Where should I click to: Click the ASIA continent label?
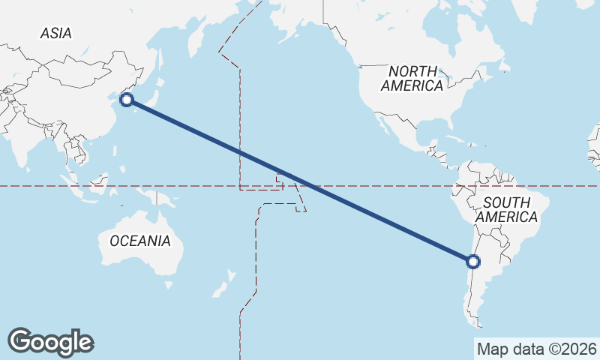pyautogui.click(x=56, y=33)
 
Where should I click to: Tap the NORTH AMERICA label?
pyautogui.click(x=412, y=78)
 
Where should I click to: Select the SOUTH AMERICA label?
pyautogui.click(x=507, y=209)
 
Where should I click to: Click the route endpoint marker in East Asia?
pyautogui.click(x=127, y=99)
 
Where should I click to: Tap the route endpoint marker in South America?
pyautogui.click(x=472, y=262)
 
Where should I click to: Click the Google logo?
pyautogui.click(x=50, y=342)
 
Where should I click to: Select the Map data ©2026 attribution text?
pyautogui.click(x=536, y=349)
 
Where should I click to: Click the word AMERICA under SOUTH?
pyautogui.click(x=507, y=217)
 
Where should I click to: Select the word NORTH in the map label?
pyautogui.click(x=412, y=70)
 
